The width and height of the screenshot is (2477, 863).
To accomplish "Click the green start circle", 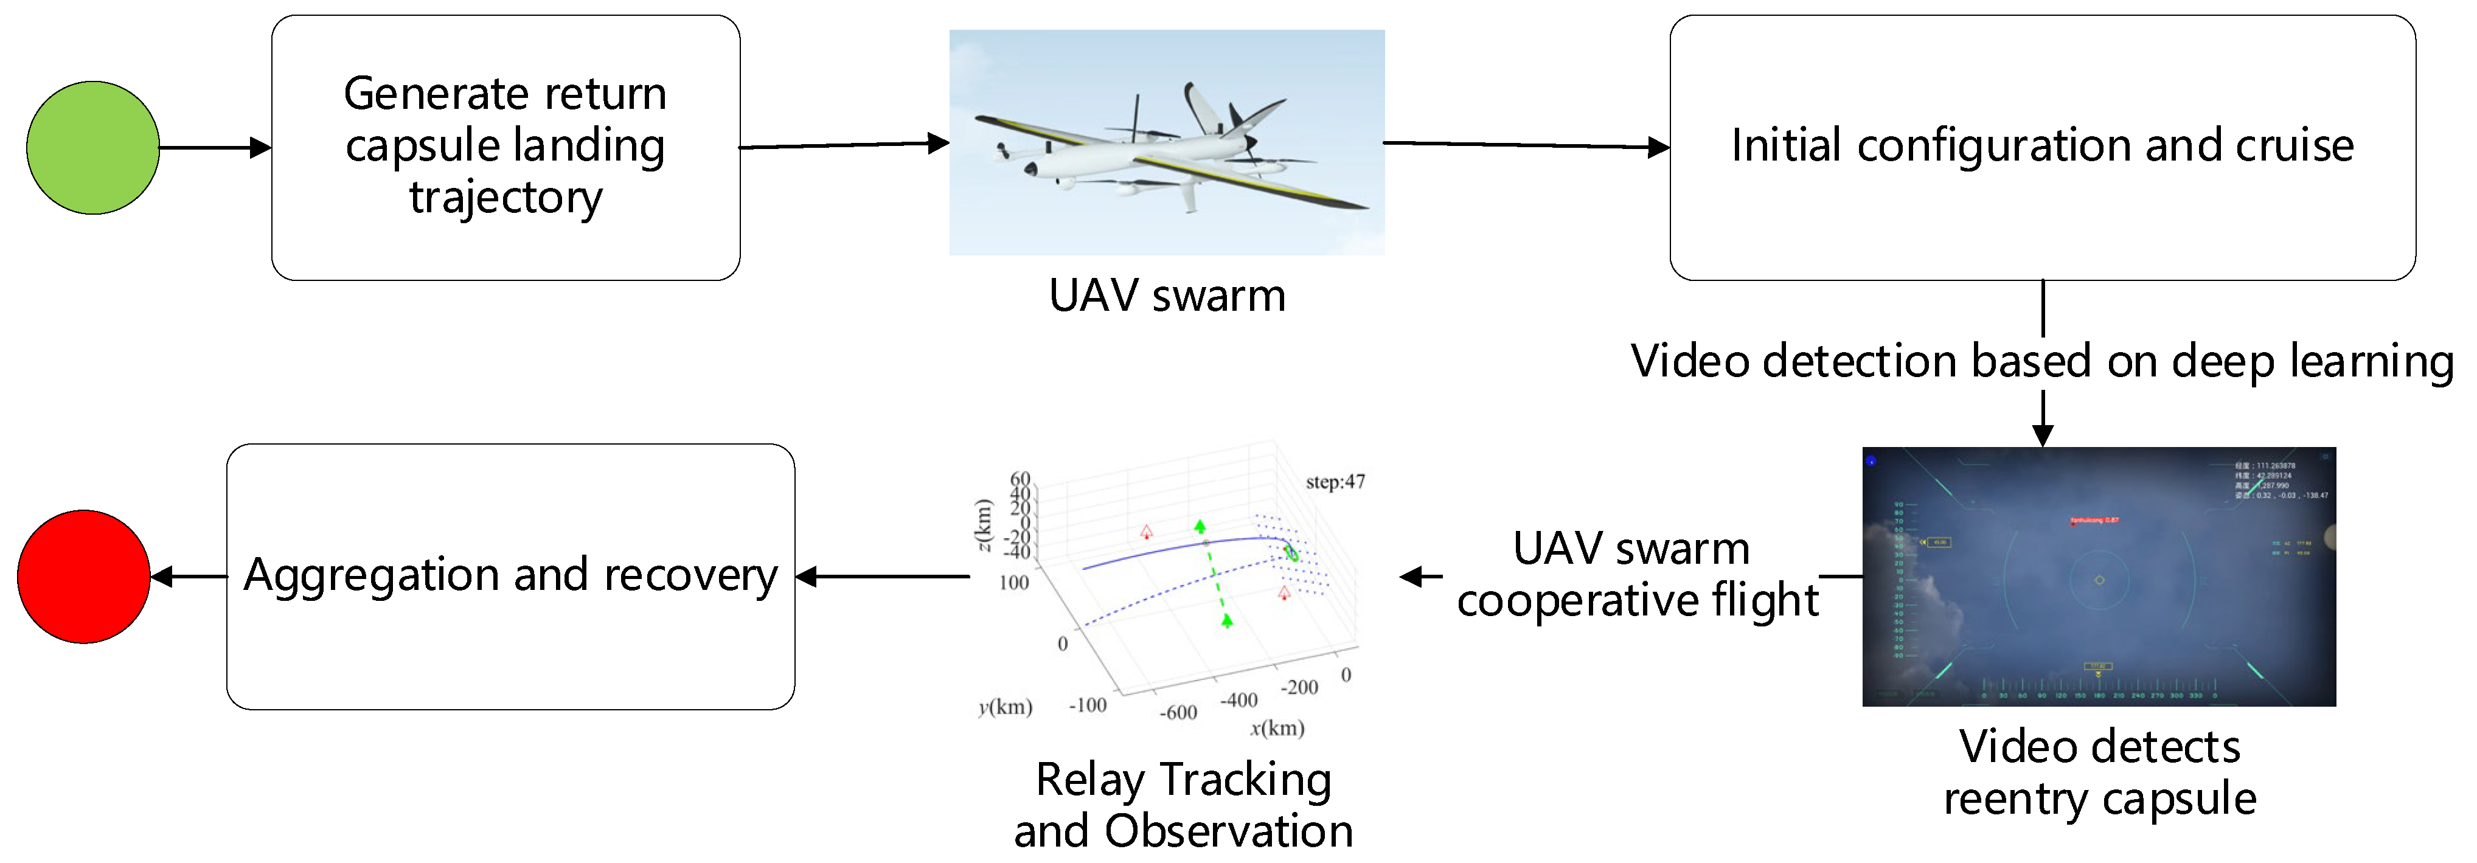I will [x=92, y=147].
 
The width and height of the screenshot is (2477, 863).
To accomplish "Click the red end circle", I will [x=84, y=576].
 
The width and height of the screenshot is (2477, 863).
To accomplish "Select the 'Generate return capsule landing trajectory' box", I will [x=505, y=147].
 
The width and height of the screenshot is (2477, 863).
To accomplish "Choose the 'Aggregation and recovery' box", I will [x=510, y=576].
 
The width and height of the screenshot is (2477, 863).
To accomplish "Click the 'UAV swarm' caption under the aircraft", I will [x=1166, y=295].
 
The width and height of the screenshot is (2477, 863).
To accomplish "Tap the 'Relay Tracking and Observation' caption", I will [x=1183, y=805].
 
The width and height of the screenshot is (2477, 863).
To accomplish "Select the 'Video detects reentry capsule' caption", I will [x=2099, y=772].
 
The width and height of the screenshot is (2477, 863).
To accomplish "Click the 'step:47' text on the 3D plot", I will [x=1335, y=482].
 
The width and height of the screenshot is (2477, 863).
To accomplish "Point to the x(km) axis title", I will [x=1277, y=727].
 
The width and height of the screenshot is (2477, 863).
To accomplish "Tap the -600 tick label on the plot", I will [x=1178, y=712].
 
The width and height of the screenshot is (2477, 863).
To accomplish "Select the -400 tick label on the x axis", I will [x=1238, y=699].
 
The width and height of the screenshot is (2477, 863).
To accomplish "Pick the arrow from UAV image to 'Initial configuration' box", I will [x=1526, y=145].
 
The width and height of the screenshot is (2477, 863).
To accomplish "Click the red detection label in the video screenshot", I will [x=2093, y=520].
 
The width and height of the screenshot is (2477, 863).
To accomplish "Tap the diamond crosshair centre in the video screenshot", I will [x=2099, y=580].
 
